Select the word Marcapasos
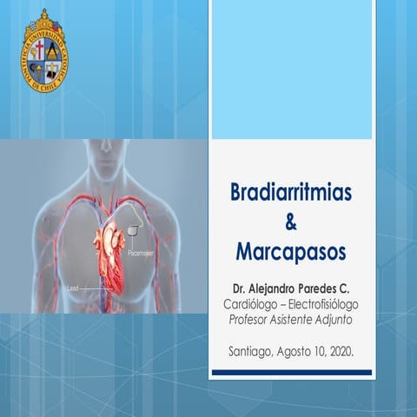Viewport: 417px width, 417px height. [290, 252]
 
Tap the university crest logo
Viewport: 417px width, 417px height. [44, 50]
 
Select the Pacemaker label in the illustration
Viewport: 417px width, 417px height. [140, 255]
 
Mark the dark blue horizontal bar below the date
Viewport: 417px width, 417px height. [291, 372]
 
